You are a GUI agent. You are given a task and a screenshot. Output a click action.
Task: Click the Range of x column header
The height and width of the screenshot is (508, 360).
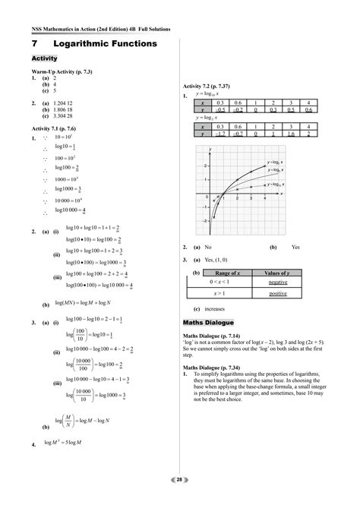coord(228,272)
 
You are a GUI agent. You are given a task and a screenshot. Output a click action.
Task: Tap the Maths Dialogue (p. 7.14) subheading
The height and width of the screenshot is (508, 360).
coord(217,335)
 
